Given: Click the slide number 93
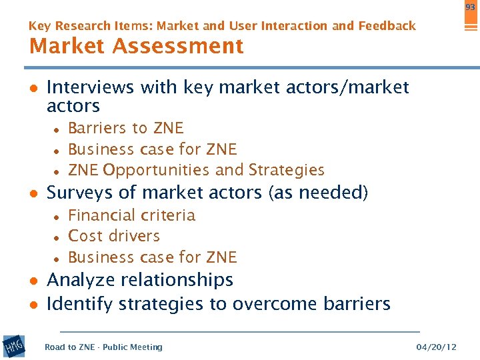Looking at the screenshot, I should tap(471, 7).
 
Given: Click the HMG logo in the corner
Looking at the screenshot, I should tap(14, 345).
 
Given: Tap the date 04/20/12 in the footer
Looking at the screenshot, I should tap(436, 347).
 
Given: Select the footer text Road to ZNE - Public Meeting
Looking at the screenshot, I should tap(103, 347).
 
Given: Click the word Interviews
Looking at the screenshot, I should tap(89, 87).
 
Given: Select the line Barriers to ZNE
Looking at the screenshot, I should tap(125, 128).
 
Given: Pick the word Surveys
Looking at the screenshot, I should tap(83, 193).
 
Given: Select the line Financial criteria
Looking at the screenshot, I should tap(131, 215).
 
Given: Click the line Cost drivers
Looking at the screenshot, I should tap(114, 236).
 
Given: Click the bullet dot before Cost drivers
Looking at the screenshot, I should tap(58, 237).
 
